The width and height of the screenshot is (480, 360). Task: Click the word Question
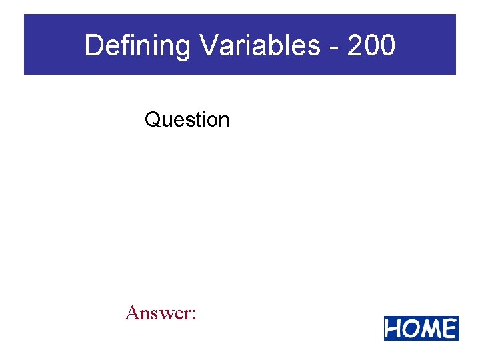(x=187, y=120)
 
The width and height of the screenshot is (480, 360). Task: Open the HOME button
(x=421, y=329)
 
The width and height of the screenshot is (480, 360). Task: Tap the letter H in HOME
(x=394, y=329)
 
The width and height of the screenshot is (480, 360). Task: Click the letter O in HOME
(x=411, y=329)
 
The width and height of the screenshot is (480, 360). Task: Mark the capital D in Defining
(x=93, y=46)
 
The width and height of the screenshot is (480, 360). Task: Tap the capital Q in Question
(x=152, y=120)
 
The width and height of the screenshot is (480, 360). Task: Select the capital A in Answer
(x=132, y=312)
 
